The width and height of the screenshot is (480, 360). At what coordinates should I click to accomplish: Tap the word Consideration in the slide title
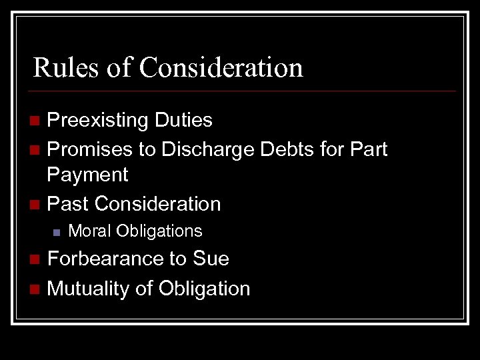(221, 67)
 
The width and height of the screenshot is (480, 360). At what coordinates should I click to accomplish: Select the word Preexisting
(98, 121)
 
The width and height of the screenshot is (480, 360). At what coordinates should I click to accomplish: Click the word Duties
(183, 120)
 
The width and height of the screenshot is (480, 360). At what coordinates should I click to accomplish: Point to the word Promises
(90, 149)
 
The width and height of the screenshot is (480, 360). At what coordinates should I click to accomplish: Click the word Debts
(289, 149)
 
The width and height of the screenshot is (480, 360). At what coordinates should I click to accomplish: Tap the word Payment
(87, 175)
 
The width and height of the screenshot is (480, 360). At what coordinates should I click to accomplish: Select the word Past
(68, 203)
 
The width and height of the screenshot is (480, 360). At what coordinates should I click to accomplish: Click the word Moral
(90, 231)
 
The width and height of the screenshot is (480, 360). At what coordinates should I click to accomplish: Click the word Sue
(211, 259)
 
